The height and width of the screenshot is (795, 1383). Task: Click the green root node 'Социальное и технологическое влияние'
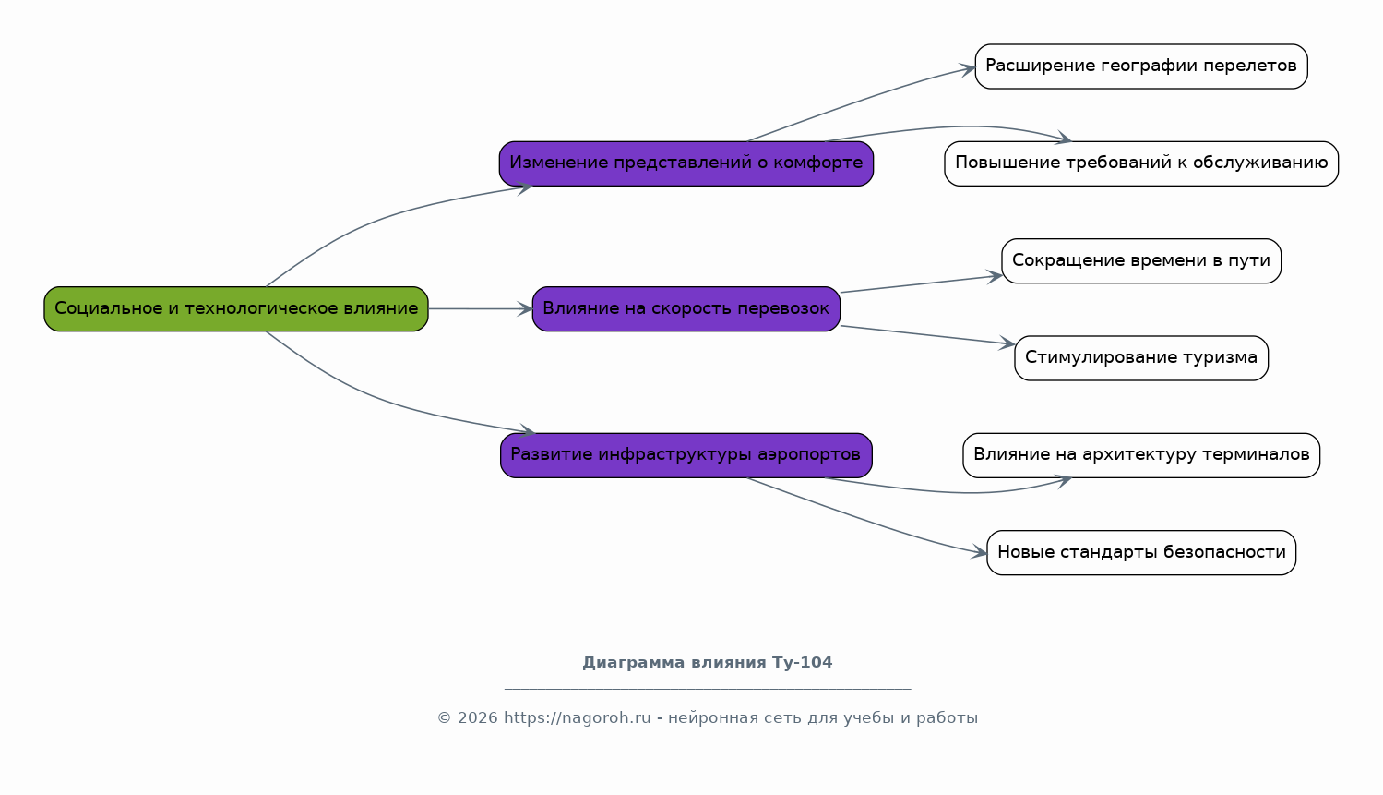tap(236, 308)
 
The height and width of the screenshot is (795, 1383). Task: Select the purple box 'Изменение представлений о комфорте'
tap(686, 163)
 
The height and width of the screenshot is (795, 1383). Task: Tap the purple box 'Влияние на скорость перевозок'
tap(686, 308)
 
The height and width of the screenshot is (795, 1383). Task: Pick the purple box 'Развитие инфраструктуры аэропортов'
tap(686, 455)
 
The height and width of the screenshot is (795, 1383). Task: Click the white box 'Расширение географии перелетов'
tap(1141, 66)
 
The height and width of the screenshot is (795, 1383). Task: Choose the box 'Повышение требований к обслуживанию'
tap(1141, 163)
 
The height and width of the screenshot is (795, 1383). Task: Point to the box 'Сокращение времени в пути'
tap(1141, 260)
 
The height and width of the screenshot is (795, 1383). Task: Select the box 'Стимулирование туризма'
tap(1141, 358)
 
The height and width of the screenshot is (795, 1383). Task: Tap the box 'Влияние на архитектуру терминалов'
tap(1141, 455)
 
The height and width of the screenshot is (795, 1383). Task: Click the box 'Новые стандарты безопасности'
tap(1141, 553)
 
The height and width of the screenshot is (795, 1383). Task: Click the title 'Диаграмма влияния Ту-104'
tap(708, 662)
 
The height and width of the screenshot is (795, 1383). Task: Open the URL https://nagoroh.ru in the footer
tap(578, 717)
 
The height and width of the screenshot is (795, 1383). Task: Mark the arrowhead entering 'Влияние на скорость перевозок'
tap(525, 308)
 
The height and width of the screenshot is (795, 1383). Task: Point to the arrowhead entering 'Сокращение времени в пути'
tap(994, 276)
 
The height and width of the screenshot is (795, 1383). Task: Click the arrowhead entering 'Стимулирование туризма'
tap(1007, 343)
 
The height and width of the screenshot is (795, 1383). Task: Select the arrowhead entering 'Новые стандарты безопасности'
tap(979, 552)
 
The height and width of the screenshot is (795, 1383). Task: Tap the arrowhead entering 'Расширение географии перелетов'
tap(968, 68)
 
